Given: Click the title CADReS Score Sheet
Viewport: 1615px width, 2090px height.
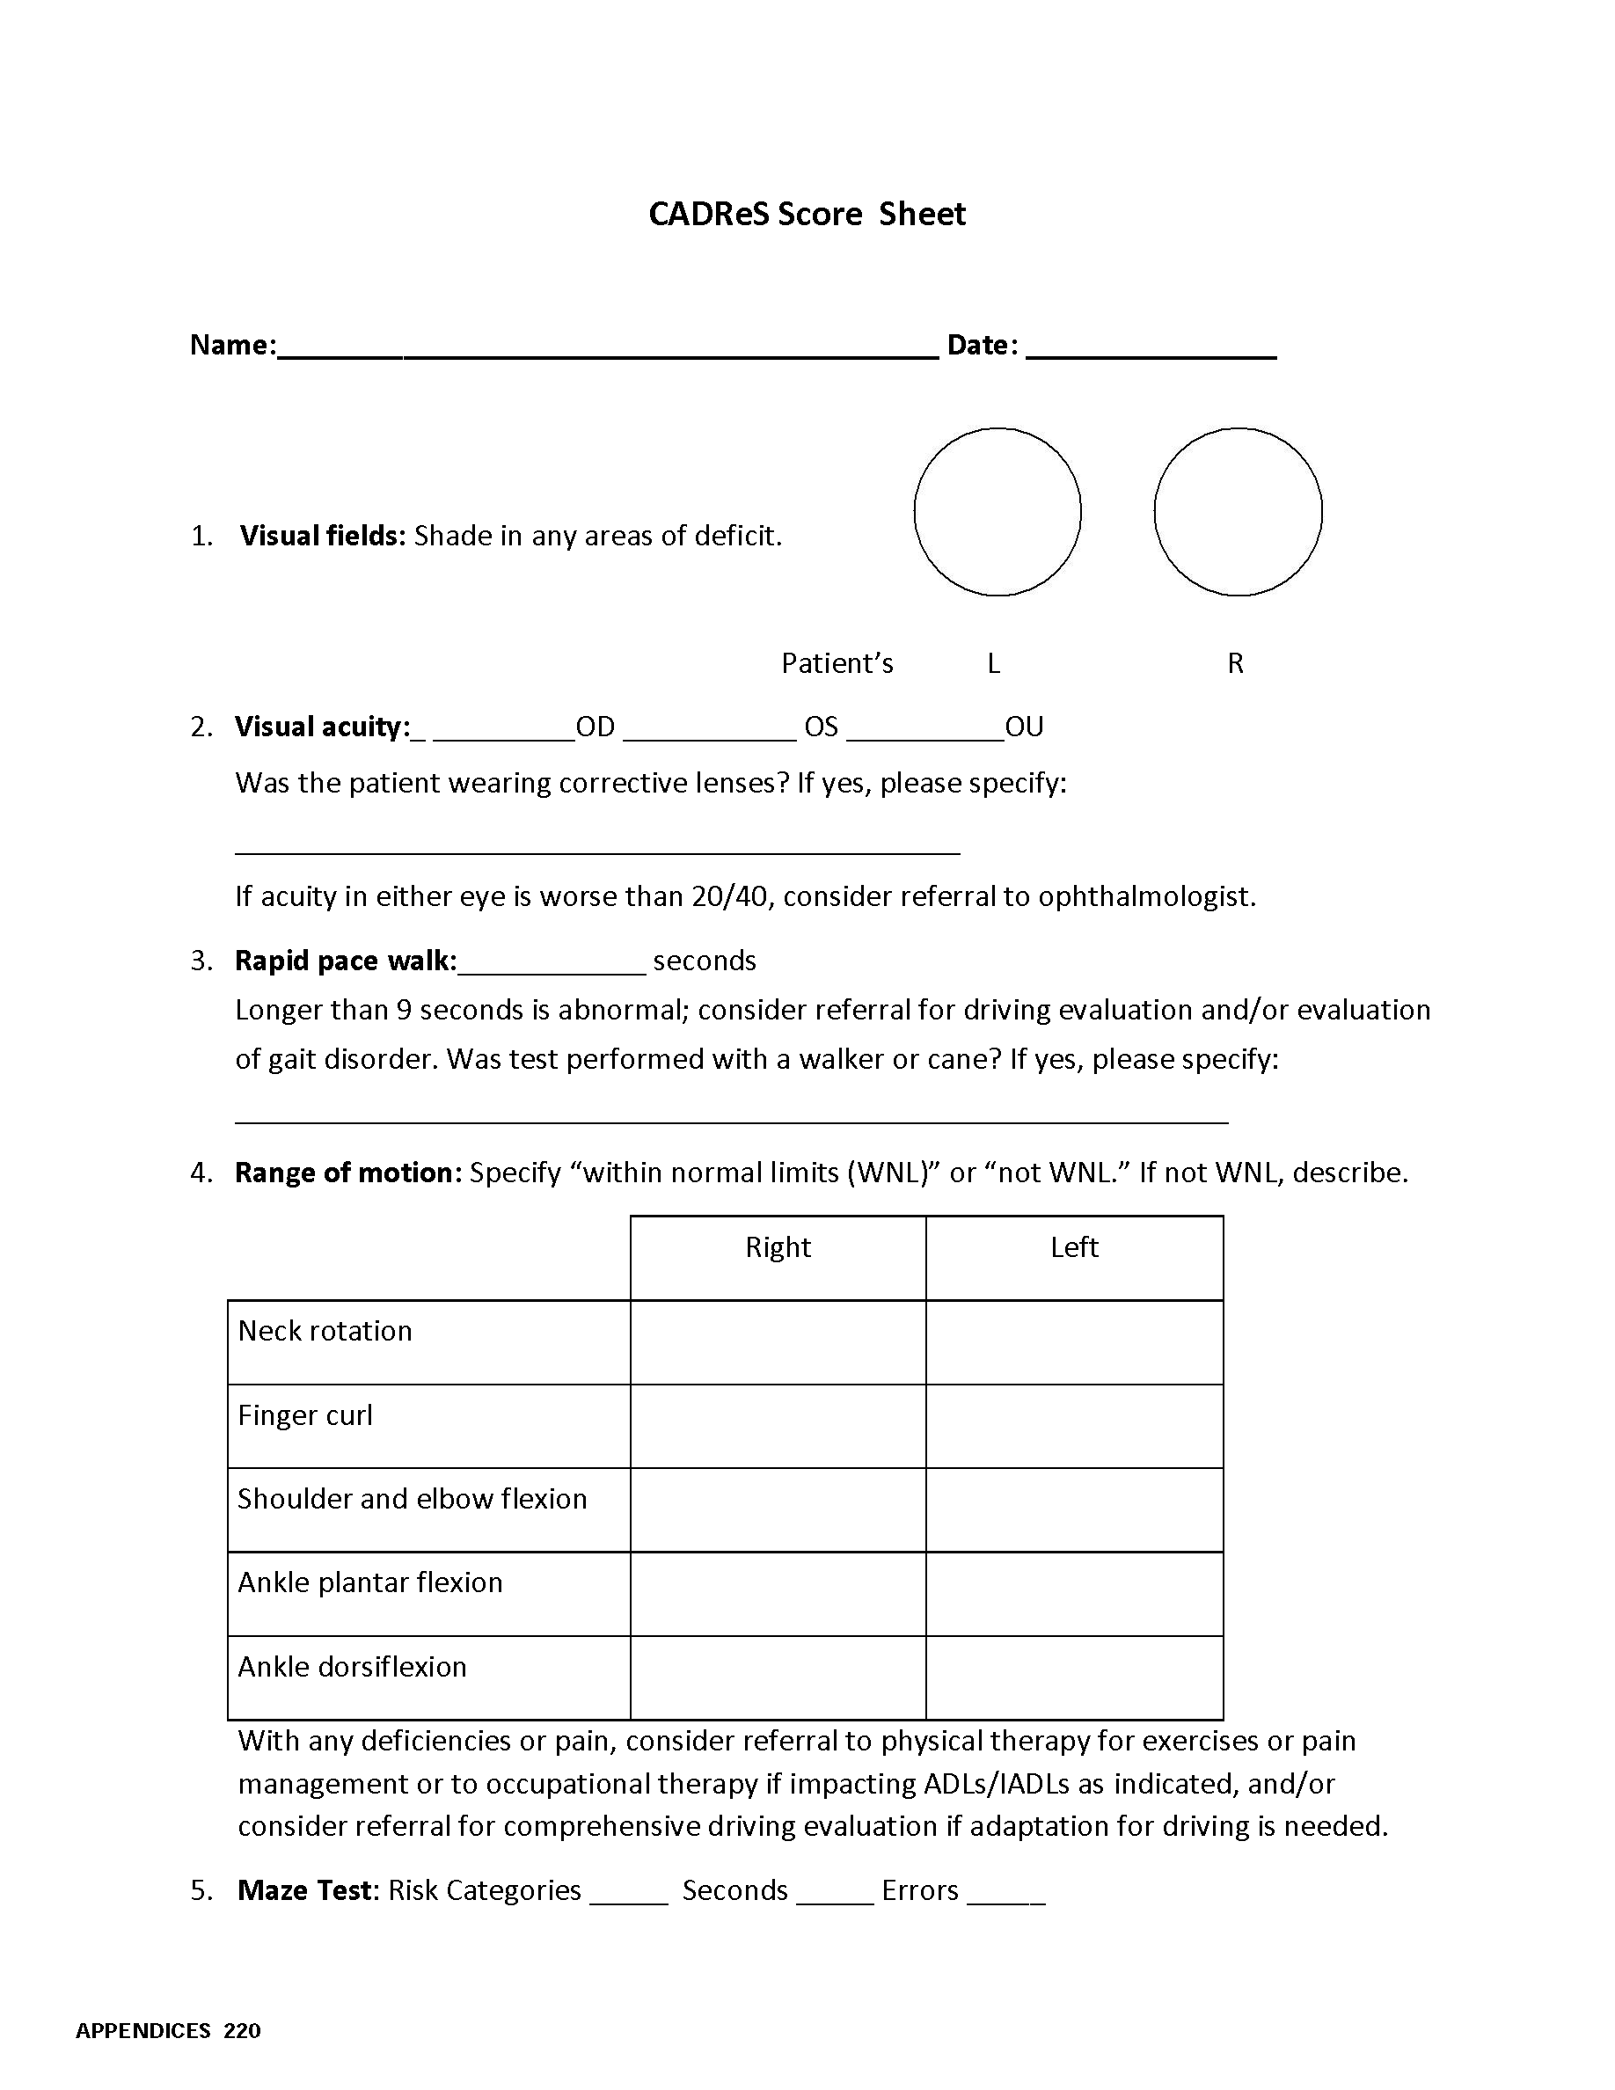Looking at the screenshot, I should (807, 214).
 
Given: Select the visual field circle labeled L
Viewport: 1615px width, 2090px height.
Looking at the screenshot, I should (997, 512).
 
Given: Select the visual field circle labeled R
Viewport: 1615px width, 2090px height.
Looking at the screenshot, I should (1237, 512).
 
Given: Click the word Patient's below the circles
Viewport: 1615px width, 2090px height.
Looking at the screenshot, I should (837, 663).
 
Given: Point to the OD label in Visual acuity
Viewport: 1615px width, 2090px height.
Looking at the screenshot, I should (596, 727).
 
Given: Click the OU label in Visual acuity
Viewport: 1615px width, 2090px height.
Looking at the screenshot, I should (1024, 727).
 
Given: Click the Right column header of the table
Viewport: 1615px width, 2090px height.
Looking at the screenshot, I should (778, 1247).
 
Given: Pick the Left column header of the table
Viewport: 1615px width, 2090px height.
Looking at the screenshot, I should (1073, 1247).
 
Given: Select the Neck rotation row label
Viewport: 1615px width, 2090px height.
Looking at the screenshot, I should (325, 1331).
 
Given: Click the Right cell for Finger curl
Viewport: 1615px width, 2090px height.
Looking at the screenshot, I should (778, 1426).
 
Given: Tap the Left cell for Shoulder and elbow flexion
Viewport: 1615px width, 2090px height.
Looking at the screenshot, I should (1073, 1509).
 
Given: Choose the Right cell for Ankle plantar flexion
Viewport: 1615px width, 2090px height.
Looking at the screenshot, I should (778, 1593).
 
